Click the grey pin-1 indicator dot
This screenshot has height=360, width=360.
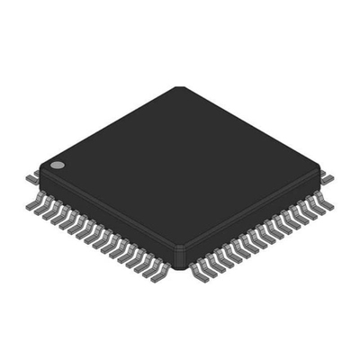(57, 166)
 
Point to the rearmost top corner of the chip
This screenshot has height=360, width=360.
(179, 89)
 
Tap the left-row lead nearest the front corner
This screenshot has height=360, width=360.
(162, 269)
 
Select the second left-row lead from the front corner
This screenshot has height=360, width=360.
(154, 265)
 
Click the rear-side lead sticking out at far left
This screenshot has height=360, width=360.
(32, 177)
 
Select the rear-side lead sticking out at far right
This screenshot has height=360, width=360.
(328, 176)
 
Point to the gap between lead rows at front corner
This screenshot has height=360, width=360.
(179, 270)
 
